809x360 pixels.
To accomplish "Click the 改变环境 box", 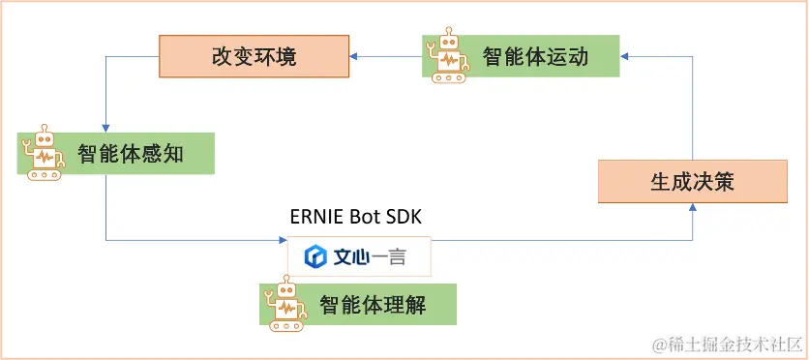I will [x=254, y=57].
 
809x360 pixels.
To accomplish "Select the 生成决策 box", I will [x=693, y=182].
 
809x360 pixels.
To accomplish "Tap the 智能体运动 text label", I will [x=535, y=57].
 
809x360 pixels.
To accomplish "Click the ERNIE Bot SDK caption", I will [x=359, y=216].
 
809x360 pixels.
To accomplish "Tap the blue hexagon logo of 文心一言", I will [x=315, y=256].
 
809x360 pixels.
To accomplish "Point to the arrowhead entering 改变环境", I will [x=353, y=57].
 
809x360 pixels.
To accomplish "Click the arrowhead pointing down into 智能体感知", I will [x=105, y=127].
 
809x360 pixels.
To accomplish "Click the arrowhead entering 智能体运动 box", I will [x=625, y=57].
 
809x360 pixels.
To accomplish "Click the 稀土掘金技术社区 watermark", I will [x=727, y=344].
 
